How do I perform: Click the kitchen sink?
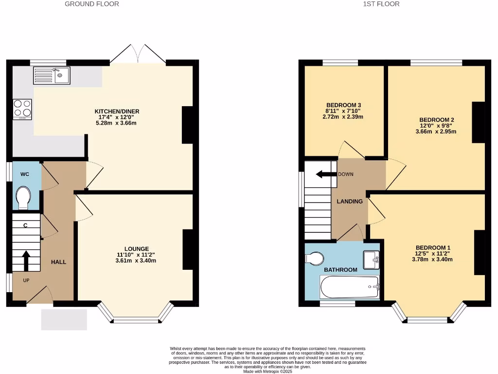pos(52,75)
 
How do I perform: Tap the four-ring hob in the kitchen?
pos(22,109)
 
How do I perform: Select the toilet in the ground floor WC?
pos(23,198)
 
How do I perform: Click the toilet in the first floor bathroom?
pos(316,258)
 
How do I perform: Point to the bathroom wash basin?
pos(371,259)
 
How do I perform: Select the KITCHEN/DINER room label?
pos(115,112)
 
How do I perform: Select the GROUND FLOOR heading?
pos(92,4)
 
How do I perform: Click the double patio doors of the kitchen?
pos(138,54)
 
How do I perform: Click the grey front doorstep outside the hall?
pos(64,319)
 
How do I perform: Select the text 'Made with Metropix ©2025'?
pos(267,372)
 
